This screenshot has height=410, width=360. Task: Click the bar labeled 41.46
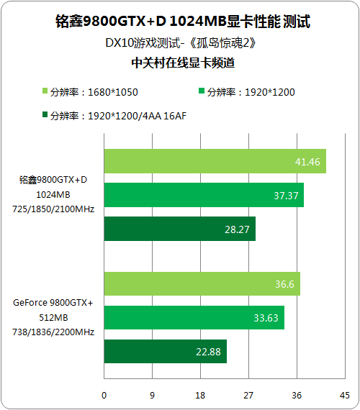pos(215,161)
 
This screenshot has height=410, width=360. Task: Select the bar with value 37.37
pos(204,195)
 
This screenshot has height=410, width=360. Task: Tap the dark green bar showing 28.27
pos(180,229)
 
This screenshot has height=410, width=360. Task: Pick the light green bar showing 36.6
pos(202,283)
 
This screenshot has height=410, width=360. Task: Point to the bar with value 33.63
pos(194,317)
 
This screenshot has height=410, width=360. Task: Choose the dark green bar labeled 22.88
pos(166,351)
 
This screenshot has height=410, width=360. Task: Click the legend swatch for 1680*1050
pos(45,91)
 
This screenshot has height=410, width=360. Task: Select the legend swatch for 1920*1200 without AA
pos(202,91)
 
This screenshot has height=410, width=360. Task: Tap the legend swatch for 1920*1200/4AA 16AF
pos(45,114)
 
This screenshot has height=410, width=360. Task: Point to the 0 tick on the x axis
pos(104,396)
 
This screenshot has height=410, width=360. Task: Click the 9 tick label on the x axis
pos(152,396)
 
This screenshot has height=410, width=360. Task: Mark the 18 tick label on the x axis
pos(200,396)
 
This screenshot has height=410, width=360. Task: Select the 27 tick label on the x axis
pos(248,396)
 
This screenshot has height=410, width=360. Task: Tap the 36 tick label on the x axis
pos(297,396)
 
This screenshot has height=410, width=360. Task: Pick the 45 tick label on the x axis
pos(345,396)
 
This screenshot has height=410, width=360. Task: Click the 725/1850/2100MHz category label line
pos(53,209)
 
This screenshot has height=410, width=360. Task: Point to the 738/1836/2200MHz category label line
pos(53,332)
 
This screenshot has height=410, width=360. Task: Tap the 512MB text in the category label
pos(53,318)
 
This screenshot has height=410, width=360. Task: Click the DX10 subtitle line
pos(181,43)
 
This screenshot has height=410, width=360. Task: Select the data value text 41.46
pos(307,162)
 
